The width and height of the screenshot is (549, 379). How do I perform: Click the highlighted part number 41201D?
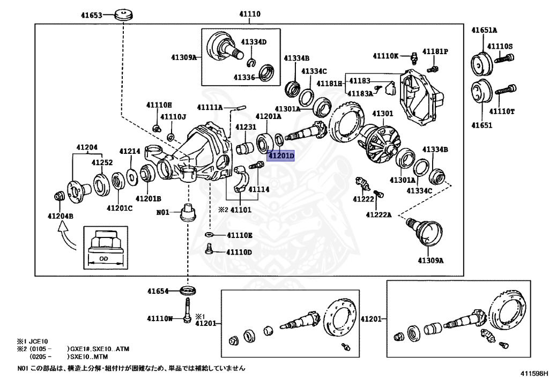pyautogui.click(x=281, y=156)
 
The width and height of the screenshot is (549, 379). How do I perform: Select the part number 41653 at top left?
pyautogui.click(x=91, y=16)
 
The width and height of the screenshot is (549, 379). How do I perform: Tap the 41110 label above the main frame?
pyautogui.click(x=249, y=14)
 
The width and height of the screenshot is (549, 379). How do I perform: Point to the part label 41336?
pyautogui.click(x=244, y=77)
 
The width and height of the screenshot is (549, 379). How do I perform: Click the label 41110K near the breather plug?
pyautogui.click(x=386, y=55)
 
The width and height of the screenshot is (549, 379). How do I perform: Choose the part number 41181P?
pyautogui.click(x=435, y=51)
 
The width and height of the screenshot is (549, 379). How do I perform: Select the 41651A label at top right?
pyautogui.click(x=484, y=31)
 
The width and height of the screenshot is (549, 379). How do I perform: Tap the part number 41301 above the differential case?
pyautogui.click(x=383, y=114)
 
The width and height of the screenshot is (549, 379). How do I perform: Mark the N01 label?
pyautogui.click(x=163, y=212)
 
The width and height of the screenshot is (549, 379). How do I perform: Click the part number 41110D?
pyautogui.click(x=239, y=251)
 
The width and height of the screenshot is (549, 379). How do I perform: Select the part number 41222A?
pyautogui.click(x=379, y=214)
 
